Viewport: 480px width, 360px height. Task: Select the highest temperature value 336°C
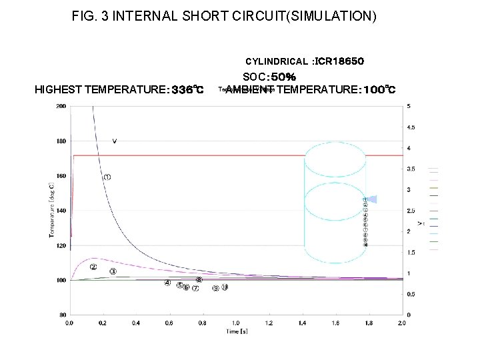click(187, 89)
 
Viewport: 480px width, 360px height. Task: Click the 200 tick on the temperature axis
click(61, 106)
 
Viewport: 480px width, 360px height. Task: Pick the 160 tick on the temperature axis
click(61, 176)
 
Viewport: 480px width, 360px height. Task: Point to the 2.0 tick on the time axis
click(402, 323)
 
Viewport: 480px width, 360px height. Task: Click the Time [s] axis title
click(236, 331)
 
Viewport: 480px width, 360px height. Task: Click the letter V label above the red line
click(115, 141)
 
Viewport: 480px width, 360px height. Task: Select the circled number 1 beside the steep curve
click(107, 177)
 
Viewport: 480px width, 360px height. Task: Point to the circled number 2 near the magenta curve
click(93, 267)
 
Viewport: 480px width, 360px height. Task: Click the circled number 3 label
click(113, 271)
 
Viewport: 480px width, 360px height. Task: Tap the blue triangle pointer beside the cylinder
click(373, 199)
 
